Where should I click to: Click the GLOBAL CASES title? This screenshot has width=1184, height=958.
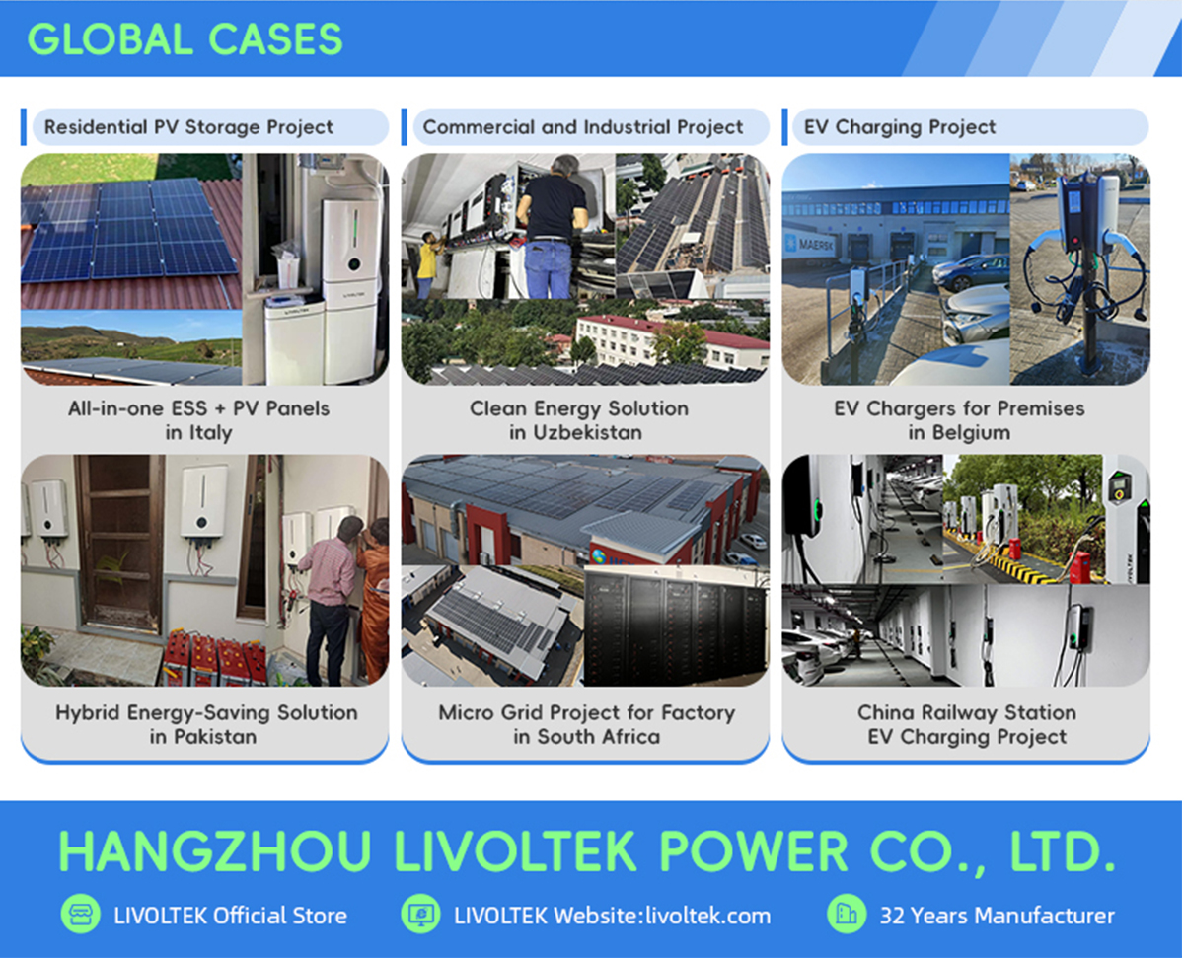185,39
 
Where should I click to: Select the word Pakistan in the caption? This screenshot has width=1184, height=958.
215,736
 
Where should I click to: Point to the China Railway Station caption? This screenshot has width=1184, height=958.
967,712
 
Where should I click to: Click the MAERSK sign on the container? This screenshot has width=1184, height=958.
815,244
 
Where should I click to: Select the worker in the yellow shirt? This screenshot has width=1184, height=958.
427,264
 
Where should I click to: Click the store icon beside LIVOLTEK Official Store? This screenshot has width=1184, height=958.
81,914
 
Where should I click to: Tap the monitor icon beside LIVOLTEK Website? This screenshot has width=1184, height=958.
420,914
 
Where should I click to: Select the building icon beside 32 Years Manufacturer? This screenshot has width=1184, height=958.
847,914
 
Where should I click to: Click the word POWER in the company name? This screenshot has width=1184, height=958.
754,850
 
